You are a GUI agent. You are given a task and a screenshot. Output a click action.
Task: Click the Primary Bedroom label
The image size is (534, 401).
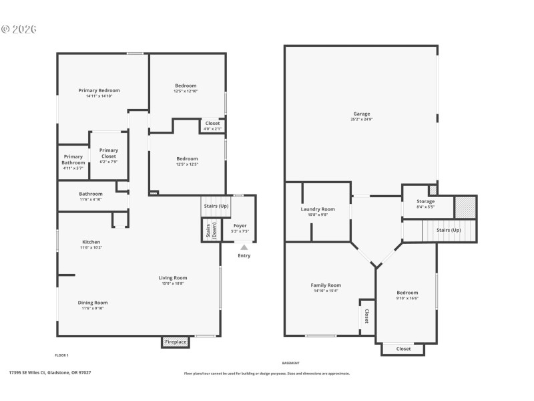99,90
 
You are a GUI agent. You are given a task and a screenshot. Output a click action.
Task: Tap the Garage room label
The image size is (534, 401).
361,114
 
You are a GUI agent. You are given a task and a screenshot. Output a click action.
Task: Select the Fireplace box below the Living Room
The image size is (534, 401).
176,342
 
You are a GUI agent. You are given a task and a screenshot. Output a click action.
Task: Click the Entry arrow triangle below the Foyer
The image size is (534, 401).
244,247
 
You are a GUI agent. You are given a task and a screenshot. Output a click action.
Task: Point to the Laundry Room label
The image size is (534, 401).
318,209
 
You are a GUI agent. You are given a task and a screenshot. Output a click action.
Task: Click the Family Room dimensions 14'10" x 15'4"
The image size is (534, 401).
326,291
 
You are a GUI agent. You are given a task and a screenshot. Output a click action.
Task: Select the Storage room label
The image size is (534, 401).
425,201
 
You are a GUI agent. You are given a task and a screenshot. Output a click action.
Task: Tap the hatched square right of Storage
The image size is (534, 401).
465,207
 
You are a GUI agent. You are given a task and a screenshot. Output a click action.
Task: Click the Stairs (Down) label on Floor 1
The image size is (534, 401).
208,231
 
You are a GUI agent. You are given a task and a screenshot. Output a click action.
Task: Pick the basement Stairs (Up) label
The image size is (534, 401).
449,230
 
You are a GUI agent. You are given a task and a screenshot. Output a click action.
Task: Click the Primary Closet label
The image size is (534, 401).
108,153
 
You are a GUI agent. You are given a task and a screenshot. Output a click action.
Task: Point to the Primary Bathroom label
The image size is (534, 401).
73,160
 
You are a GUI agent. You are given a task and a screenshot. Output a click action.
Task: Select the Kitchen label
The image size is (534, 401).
91,242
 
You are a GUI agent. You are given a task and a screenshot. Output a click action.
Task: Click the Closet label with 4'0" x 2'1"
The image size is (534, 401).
212,124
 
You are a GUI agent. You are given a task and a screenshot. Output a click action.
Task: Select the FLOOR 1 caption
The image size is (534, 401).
61,355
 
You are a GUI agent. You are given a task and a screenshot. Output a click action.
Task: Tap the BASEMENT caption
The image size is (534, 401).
290,362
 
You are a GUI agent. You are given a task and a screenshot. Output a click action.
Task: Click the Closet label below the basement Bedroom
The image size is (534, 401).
403,349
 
